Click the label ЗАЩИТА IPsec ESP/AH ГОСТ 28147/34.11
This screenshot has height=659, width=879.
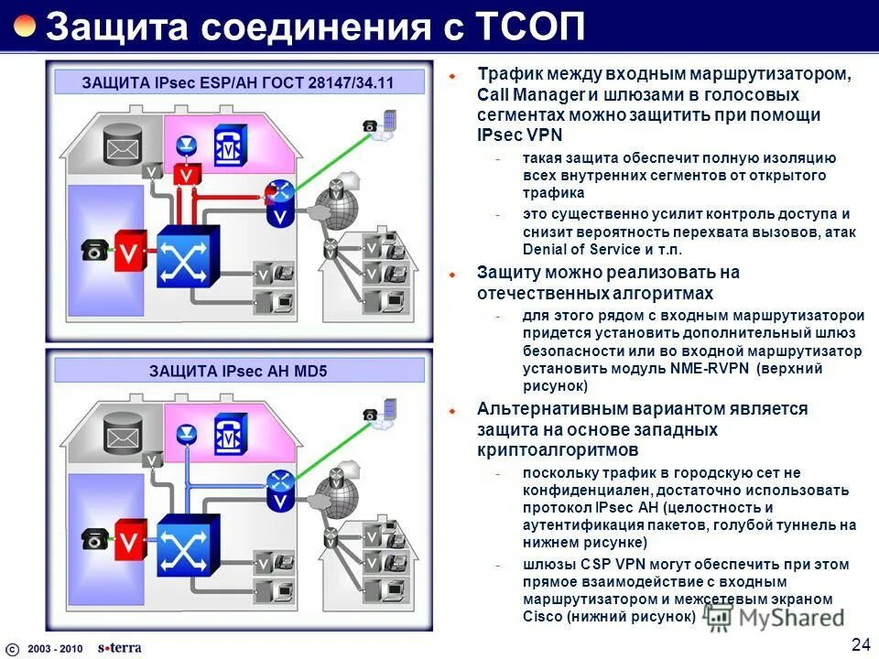pos(238,82)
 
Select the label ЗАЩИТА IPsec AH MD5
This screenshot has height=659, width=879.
pos(238,371)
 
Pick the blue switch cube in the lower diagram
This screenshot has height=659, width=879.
pos(188,545)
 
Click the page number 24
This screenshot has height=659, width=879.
pos(860,643)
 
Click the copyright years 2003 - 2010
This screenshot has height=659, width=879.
pos(55,648)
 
